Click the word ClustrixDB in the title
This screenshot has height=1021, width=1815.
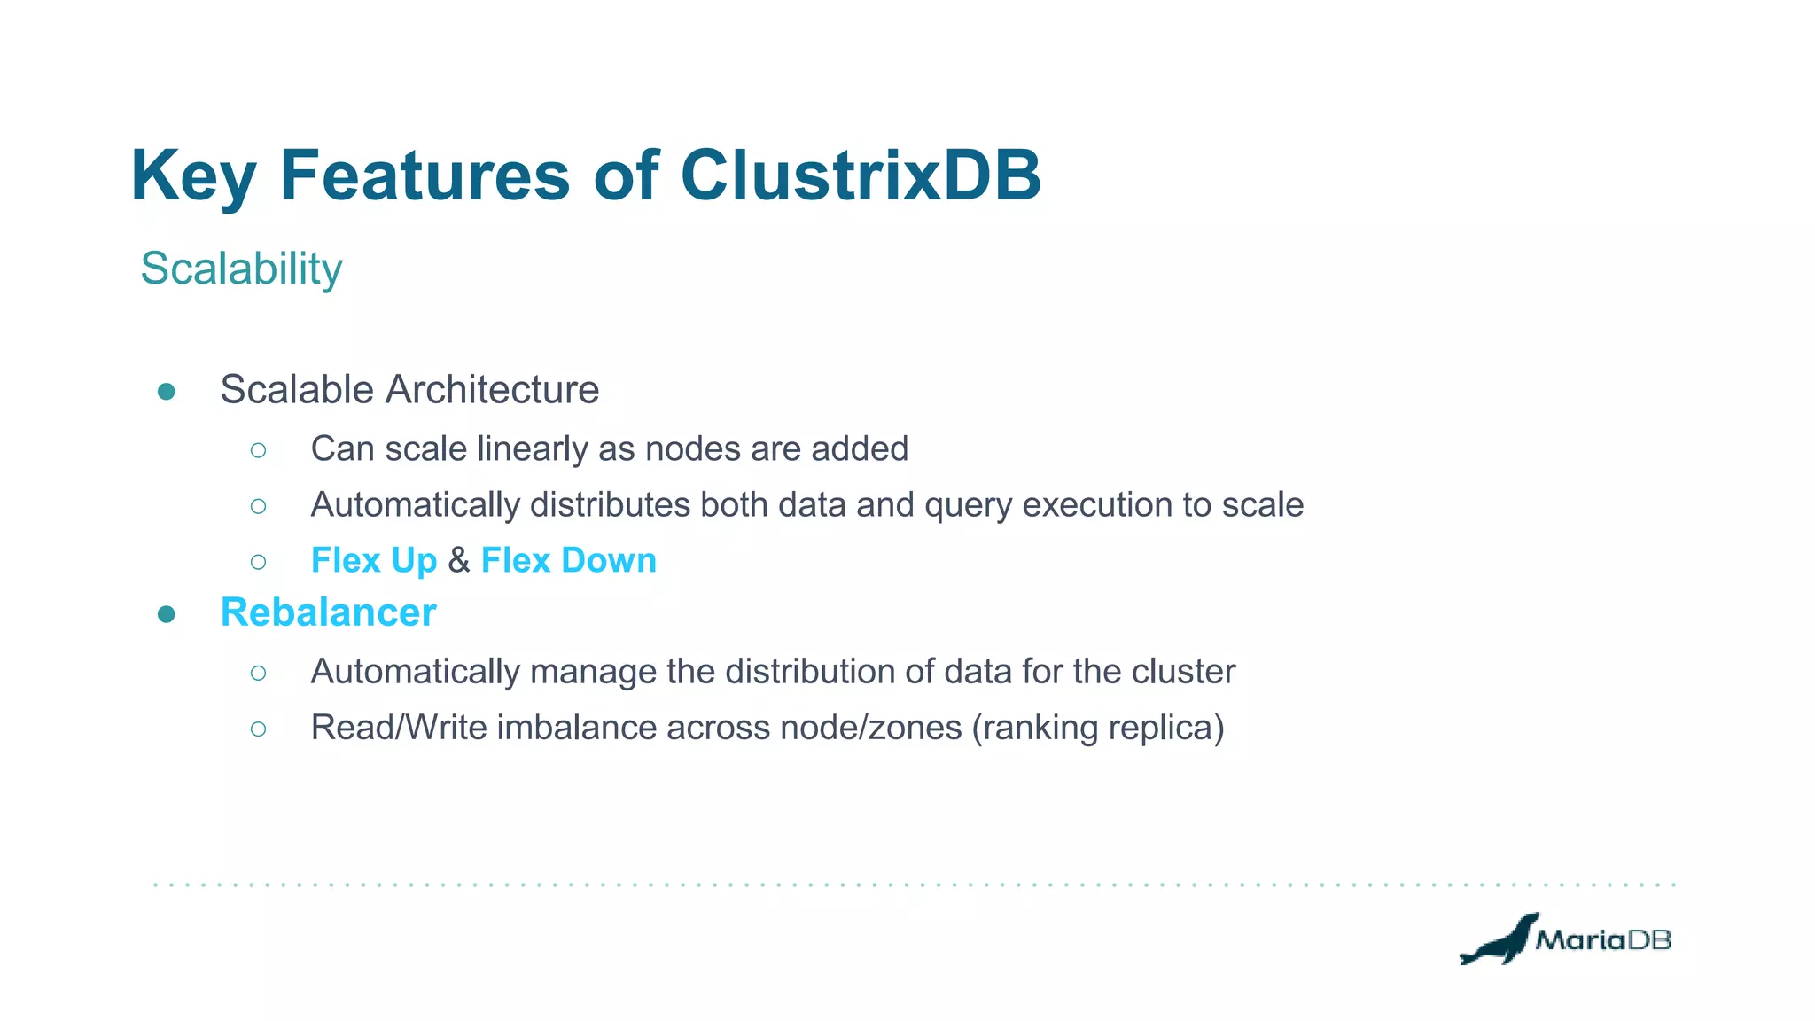(x=860, y=175)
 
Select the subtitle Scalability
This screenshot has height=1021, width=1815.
(x=241, y=269)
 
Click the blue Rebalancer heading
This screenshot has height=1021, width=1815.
(x=328, y=612)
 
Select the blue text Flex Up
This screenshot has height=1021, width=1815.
(x=373, y=560)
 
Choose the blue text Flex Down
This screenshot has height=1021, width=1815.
(x=568, y=560)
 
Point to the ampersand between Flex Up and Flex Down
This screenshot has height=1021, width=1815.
(x=459, y=560)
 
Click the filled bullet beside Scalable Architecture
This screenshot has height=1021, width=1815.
(x=166, y=392)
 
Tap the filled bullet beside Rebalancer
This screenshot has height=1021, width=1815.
(x=166, y=614)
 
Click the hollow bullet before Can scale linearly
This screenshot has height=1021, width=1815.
(x=258, y=450)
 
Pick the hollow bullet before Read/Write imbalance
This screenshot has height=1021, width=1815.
(x=258, y=729)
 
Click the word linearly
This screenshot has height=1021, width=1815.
(x=533, y=449)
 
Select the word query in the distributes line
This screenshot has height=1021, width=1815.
(x=969, y=505)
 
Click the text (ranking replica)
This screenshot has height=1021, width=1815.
(x=1098, y=728)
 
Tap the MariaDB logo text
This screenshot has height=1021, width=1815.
(x=1602, y=940)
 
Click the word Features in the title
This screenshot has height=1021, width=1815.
(x=425, y=175)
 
